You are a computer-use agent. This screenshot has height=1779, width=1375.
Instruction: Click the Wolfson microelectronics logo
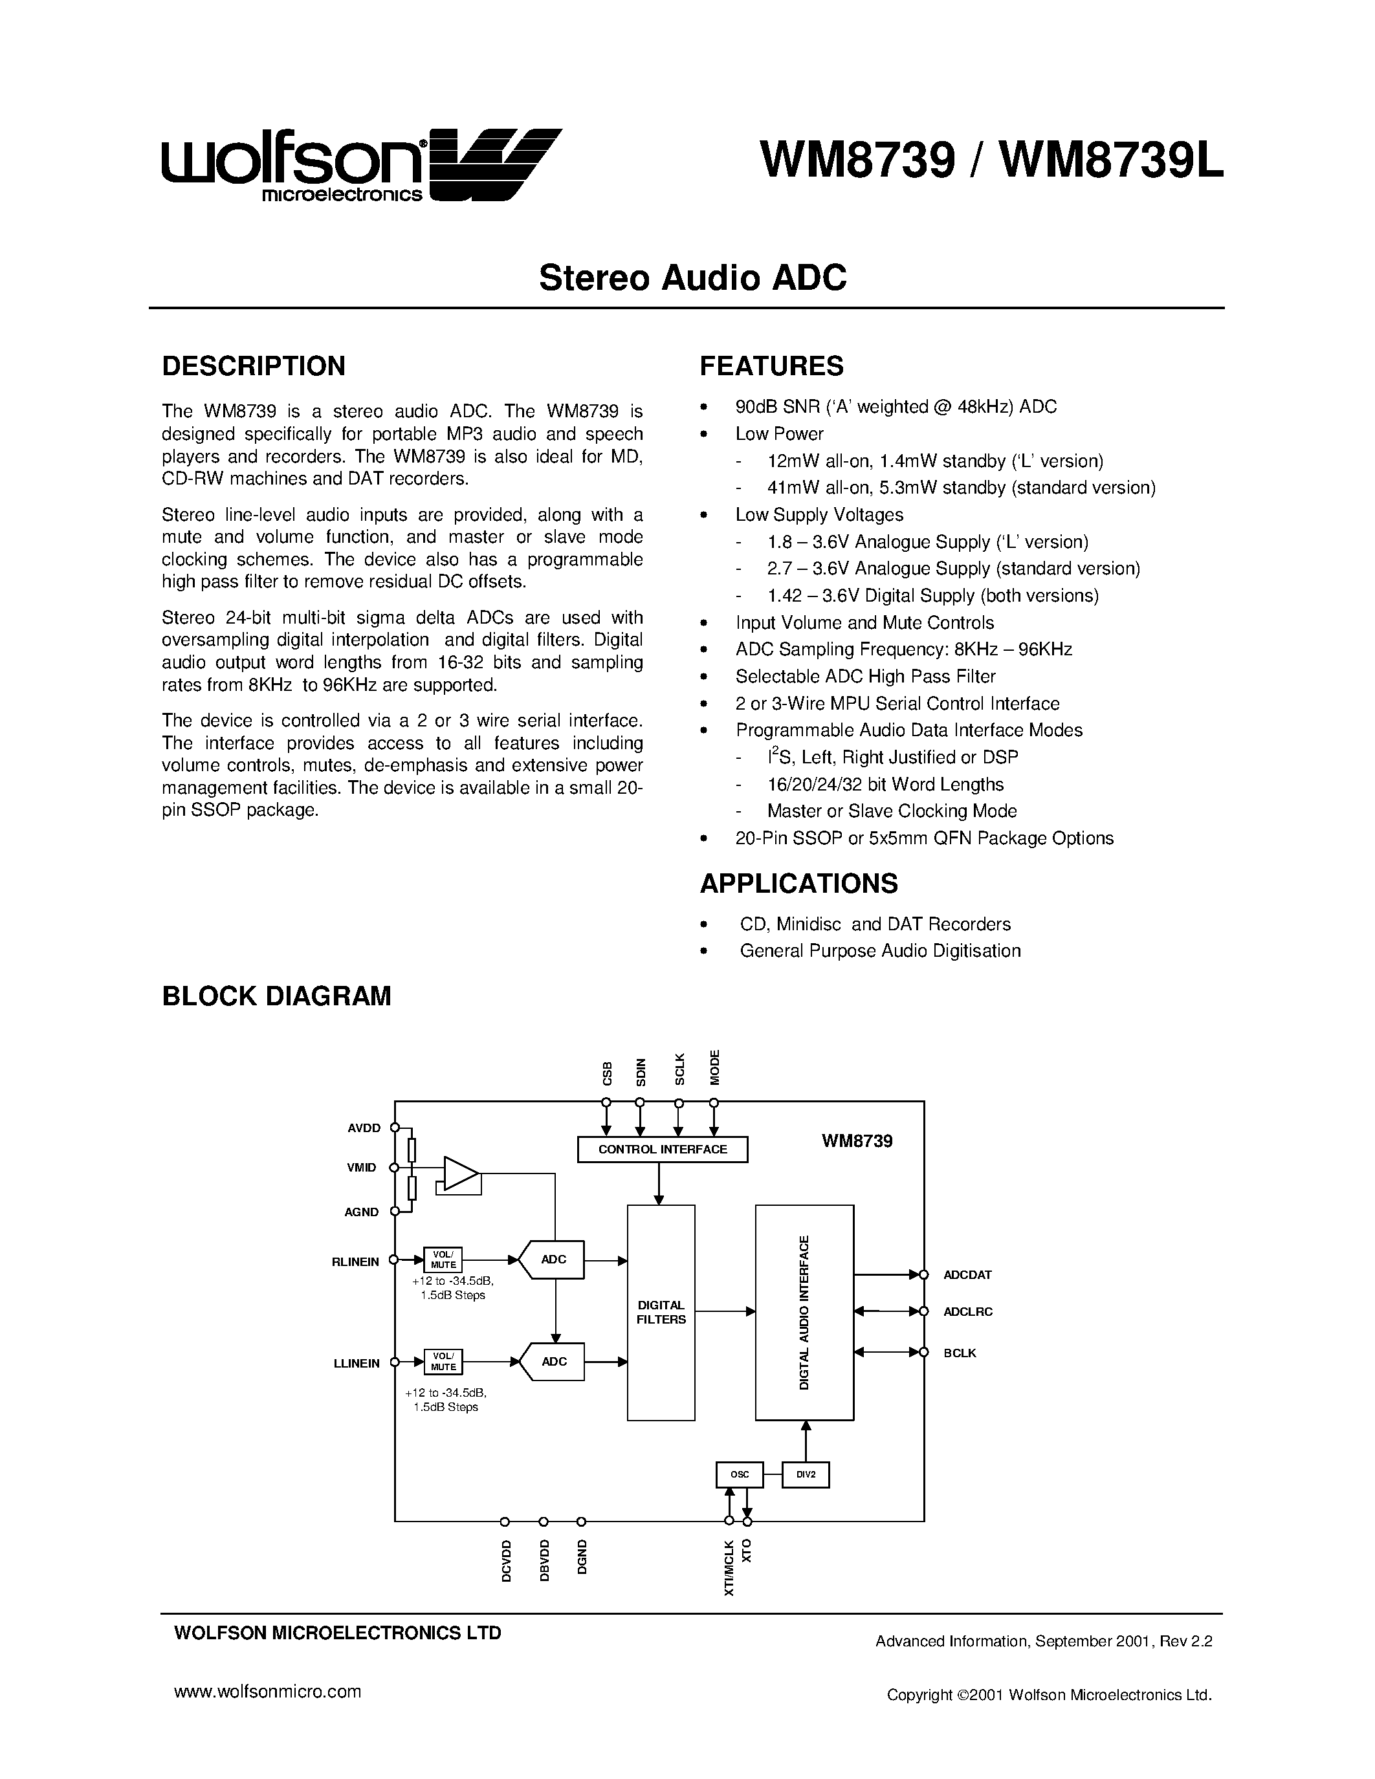tap(361, 164)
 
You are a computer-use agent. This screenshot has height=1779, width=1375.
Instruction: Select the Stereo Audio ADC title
tap(692, 278)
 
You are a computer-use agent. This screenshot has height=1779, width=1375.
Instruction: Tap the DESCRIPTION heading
tap(254, 366)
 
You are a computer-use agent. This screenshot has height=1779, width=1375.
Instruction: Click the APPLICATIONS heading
tap(798, 883)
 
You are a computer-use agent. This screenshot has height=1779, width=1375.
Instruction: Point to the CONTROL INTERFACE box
tap(661, 1150)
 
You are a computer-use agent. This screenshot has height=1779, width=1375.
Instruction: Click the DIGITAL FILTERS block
tap(661, 1313)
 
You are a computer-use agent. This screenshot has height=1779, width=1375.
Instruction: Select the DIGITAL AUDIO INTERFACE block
tap(804, 1313)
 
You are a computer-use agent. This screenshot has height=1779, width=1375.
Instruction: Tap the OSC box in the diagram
tap(739, 1474)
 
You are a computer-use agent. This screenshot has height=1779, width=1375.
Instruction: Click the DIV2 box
tap(805, 1474)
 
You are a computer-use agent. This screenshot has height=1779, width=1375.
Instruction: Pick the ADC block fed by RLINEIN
tap(553, 1260)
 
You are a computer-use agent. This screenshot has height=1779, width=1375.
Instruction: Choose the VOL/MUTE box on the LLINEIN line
tap(443, 1361)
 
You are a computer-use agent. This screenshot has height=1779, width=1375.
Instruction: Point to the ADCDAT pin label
tap(967, 1275)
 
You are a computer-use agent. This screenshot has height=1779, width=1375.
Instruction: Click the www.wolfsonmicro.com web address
tap(267, 1692)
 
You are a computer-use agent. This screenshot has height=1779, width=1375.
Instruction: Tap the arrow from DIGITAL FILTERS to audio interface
tap(725, 1311)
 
